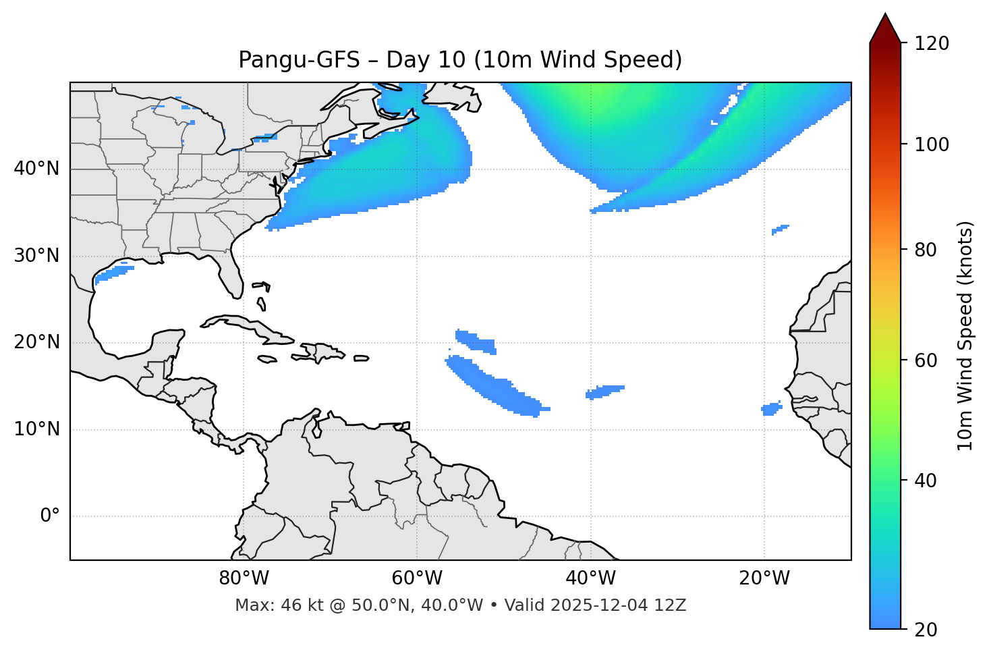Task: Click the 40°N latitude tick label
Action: (36, 169)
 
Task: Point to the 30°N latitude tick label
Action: (36, 256)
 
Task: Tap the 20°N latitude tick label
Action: (36, 342)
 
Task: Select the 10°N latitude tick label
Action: (36, 429)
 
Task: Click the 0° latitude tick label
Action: (50, 516)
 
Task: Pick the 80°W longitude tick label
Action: (244, 578)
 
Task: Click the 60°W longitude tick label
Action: (417, 578)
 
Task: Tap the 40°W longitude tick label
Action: (590, 578)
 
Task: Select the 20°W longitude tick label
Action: (764, 578)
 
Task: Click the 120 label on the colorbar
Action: (931, 44)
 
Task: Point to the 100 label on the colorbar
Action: (931, 144)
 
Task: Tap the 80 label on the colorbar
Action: (926, 250)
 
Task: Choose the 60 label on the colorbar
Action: (926, 360)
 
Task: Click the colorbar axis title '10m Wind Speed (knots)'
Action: (965, 335)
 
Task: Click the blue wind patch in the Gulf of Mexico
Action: (113, 273)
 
